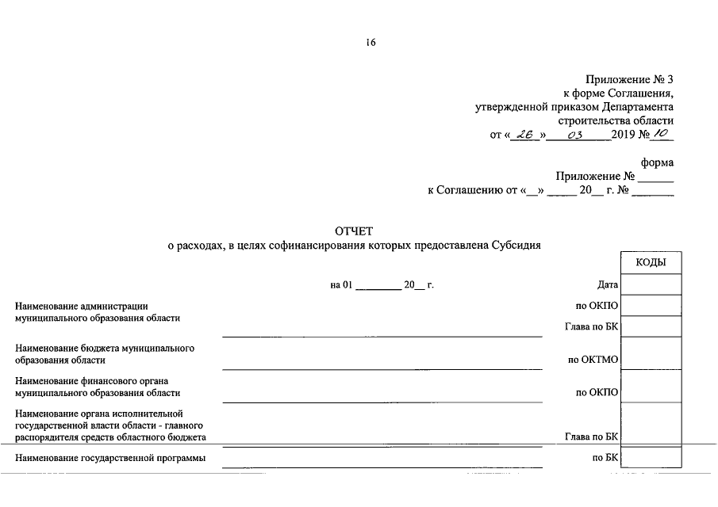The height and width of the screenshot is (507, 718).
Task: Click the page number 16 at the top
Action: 371,43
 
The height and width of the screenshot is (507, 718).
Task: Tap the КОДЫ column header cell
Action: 651,263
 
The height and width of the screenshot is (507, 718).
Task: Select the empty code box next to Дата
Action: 651,284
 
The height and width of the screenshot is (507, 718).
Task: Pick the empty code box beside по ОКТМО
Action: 651,353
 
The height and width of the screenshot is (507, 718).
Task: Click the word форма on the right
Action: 658,162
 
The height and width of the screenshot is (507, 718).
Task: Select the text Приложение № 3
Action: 629,79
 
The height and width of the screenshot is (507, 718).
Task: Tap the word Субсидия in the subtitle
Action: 515,246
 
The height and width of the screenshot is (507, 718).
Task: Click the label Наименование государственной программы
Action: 110,458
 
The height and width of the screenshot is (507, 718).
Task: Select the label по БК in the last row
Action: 605,458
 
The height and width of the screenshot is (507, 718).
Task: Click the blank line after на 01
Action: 378,287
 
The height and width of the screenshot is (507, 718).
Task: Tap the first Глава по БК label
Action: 591,326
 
